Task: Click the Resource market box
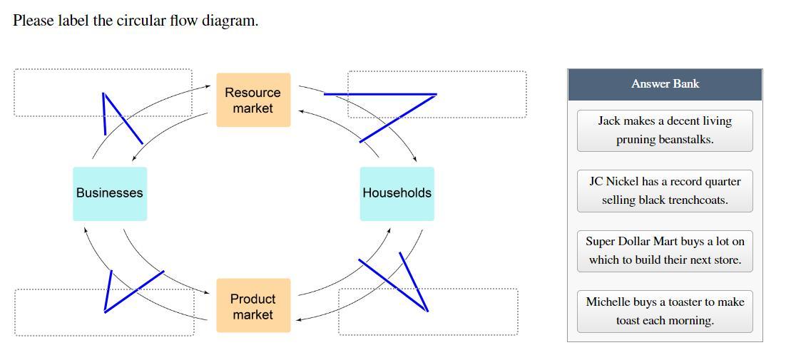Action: tap(253, 100)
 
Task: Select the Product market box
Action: tap(253, 306)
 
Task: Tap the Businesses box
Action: tap(110, 193)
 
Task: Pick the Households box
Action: tap(397, 193)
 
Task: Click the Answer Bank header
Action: tap(665, 84)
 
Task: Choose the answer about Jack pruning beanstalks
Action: tap(665, 130)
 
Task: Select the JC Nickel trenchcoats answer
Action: tap(665, 191)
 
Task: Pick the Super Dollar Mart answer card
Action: tap(665, 251)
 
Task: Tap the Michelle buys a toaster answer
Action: tap(665, 312)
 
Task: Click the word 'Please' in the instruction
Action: tap(33, 21)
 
